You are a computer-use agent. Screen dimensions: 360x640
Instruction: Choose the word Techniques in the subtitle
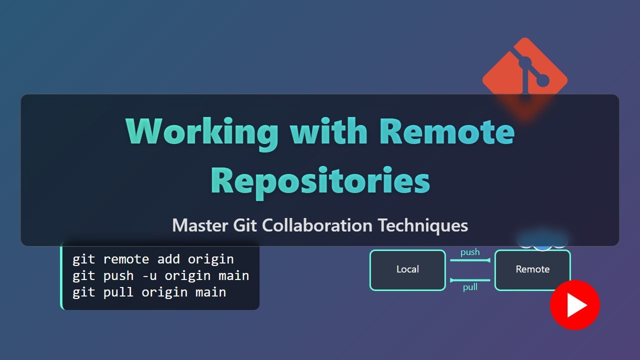point(423,225)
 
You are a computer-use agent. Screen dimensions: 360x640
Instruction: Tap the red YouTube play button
point(574,305)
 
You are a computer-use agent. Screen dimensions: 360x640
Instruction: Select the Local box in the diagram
point(407,270)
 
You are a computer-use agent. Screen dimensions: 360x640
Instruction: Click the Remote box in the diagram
point(532,270)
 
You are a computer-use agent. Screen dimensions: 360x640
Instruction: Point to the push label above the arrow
point(470,252)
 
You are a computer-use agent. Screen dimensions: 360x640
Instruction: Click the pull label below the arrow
point(470,287)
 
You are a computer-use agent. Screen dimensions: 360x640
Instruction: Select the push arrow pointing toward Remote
point(470,260)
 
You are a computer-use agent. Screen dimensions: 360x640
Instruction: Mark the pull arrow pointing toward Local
point(470,280)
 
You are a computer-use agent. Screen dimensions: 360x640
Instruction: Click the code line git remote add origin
point(153,259)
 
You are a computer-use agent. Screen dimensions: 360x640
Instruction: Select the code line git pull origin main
point(149,292)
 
